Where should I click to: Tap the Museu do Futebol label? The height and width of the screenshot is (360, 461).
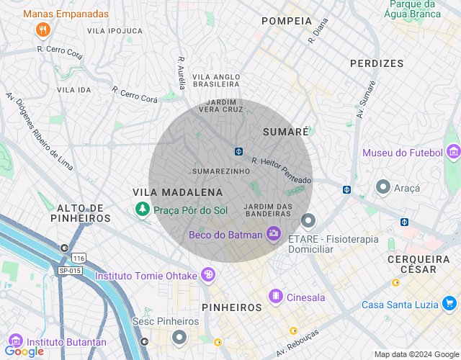point(401,153)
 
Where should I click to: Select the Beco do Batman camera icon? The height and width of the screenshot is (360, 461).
point(273,233)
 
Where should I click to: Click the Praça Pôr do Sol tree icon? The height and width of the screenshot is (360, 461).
point(143,209)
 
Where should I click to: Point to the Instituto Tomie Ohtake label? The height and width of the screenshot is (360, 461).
point(147,275)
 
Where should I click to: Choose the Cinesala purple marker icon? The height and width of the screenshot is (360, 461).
point(275,296)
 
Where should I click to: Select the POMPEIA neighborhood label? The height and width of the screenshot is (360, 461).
point(287,21)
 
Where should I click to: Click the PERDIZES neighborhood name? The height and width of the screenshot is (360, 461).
point(377,63)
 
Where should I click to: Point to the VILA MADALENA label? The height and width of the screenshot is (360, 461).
point(178,192)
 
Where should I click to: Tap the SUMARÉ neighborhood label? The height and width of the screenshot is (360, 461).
point(286,132)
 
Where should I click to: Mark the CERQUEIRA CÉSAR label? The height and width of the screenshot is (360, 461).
point(421,264)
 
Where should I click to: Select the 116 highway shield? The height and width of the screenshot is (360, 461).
point(79,258)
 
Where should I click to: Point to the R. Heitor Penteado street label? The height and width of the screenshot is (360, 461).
point(282,171)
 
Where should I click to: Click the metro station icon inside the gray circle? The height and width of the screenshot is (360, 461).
point(238,151)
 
